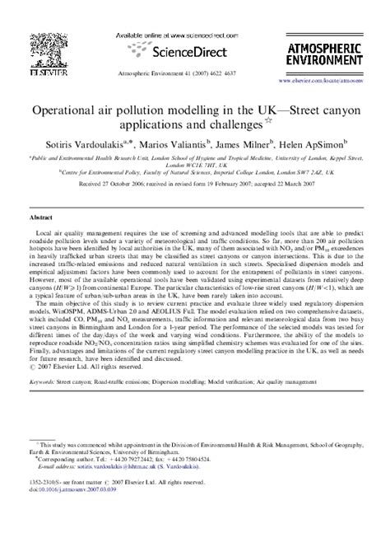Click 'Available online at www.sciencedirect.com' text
(x=195, y=35)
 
